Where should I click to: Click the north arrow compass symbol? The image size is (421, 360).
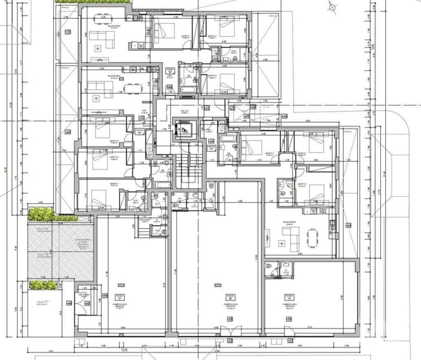[332, 6]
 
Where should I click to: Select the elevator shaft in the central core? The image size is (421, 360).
[183, 129]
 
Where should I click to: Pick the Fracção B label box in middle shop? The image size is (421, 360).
[230, 297]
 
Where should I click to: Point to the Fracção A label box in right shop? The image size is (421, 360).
[289, 296]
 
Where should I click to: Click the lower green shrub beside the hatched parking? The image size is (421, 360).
[42, 284]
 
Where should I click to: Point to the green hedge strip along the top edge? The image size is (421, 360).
[93, 2]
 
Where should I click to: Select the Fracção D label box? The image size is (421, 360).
[139, 131]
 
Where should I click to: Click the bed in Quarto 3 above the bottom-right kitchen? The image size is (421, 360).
[316, 193]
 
